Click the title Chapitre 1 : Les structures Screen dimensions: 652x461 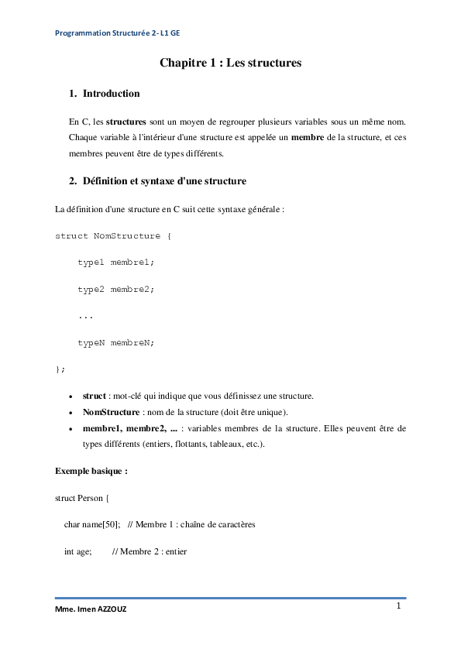230,63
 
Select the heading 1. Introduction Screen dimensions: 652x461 105,94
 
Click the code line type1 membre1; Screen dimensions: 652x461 115,262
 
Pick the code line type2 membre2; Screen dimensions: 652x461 115,289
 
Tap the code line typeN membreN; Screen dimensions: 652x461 115,342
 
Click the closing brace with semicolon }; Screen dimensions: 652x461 60,369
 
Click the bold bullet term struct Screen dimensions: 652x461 94,396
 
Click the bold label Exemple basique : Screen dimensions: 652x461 91,470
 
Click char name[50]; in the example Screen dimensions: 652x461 91,524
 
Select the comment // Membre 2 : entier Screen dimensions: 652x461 149,552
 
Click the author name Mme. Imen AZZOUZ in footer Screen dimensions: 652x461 91,609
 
